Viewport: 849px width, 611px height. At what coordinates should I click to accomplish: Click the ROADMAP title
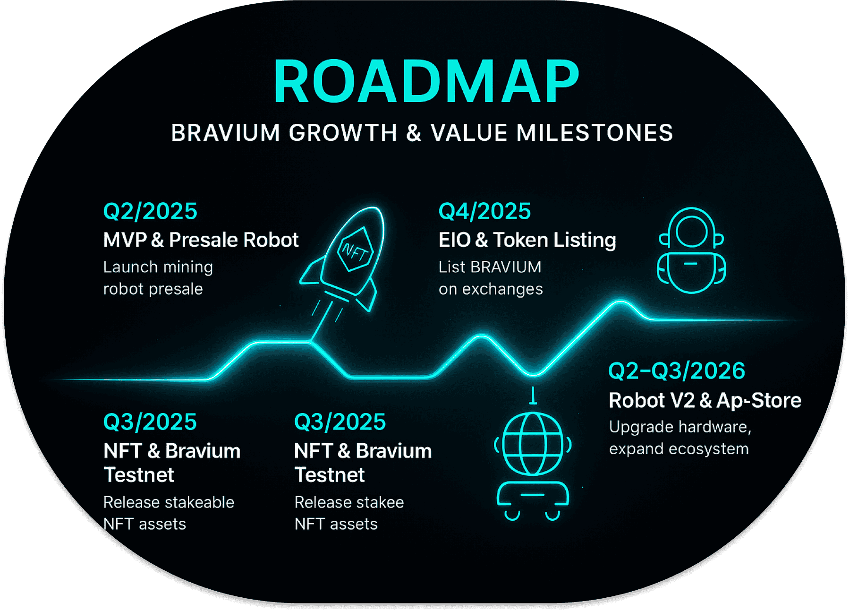pos(426,82)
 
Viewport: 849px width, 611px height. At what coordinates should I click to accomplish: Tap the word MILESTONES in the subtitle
pos(594,133)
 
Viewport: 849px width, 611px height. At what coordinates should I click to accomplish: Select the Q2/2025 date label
pos(150,211)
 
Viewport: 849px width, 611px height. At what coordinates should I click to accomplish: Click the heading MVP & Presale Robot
pos(201,240)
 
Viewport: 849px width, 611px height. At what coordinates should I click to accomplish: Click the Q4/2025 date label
pos(484,211)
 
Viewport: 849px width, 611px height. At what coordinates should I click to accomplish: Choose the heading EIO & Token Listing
pos(527,240)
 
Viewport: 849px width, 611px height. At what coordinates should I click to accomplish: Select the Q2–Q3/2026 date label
pos(676,371)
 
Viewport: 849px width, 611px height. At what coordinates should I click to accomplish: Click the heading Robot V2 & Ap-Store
pos(705,401)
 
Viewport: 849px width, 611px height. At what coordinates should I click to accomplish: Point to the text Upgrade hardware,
pos(679,427)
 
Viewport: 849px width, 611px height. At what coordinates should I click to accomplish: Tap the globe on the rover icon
pos(533,444)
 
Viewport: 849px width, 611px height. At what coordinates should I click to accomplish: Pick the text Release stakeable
pos(169,502)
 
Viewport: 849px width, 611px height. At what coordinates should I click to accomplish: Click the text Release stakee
pos(349,502)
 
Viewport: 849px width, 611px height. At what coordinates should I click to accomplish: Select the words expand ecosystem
pos(679,449)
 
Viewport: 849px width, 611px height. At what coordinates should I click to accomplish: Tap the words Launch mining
pos(158,267)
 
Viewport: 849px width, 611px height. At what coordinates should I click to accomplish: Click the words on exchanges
pos(491,289)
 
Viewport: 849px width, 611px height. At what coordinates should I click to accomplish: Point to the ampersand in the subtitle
pos(413,133)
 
